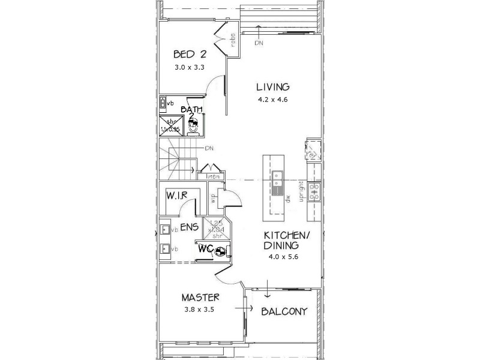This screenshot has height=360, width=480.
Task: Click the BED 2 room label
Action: pos(190,53)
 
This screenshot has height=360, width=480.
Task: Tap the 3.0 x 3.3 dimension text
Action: pos(190,67)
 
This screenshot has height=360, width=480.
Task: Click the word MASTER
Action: pos(200,298)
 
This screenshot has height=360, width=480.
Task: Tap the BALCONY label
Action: pos(284,311)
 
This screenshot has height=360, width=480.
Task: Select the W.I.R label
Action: pos(178,195)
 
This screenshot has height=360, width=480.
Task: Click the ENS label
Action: pos(190,227)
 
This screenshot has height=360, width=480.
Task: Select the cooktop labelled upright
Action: pos(315,191)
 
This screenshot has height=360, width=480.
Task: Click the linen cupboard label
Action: pos(213,176)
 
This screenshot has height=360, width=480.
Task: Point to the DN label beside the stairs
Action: pos(209,148)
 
